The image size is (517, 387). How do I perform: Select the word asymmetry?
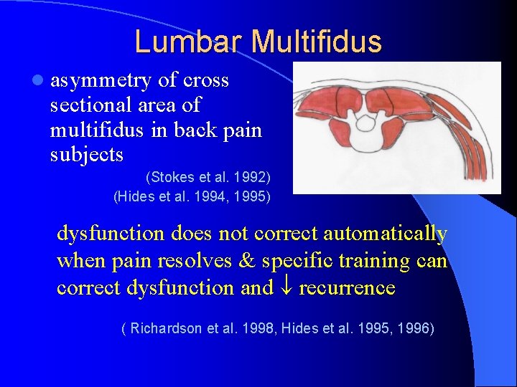(101, 81)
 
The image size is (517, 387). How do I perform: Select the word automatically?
(386, 234)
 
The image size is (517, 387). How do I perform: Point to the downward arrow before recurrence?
(286, 288)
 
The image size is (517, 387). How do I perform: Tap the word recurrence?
(347, 288)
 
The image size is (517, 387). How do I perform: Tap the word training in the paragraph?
(370, 261)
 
